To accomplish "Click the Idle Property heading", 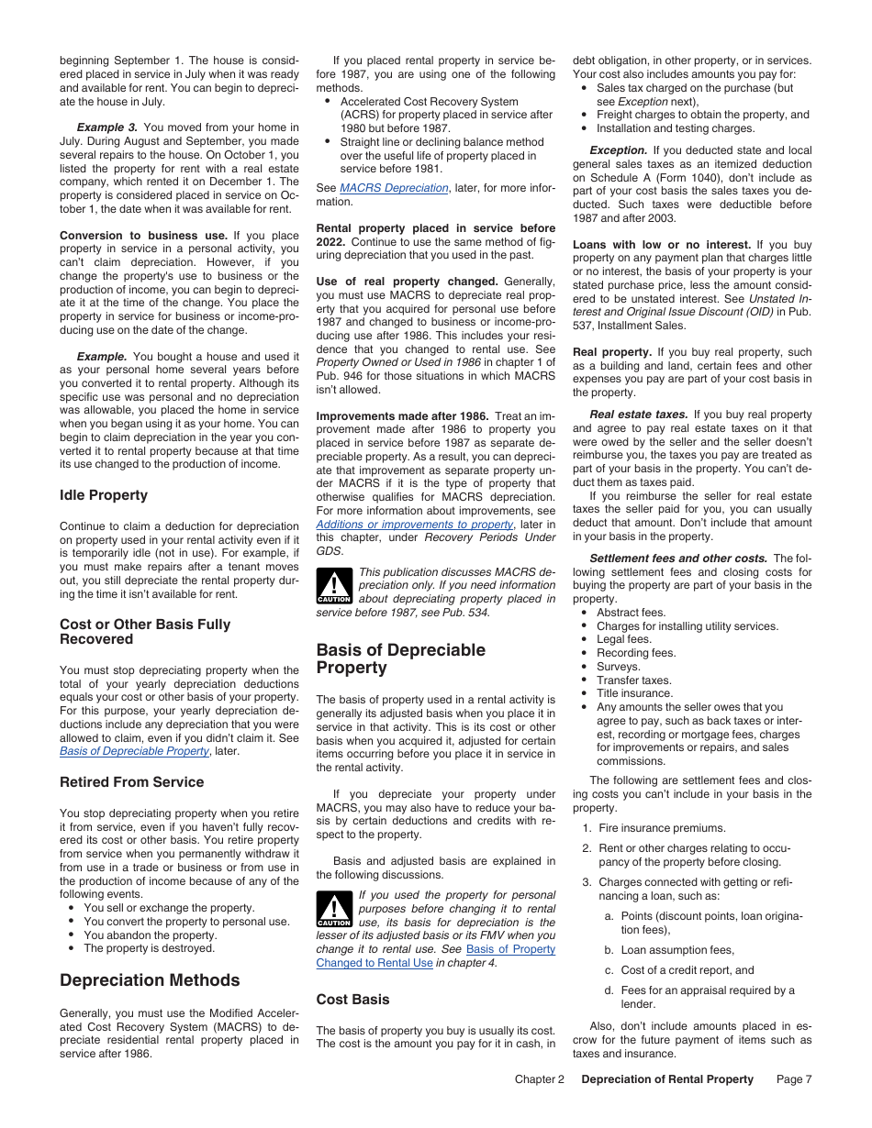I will click(x=103, y=495).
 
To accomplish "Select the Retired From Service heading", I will click(x=131, y=782).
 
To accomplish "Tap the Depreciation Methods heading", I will click(x=149, y=980).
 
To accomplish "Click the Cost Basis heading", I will click(x=352, y=1000).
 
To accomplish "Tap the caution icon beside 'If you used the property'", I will click(x=333, y=909).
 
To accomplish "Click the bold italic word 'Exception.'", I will click(x=618, y=150).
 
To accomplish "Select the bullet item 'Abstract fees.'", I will click(x=631, y=613).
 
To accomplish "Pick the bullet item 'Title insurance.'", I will click(x=634, y=693).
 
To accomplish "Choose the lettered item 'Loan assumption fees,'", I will click(x=677, y=950).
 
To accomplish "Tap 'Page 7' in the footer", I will click(x=794, y=1079).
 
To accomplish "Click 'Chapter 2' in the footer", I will click(x=539, y=1079).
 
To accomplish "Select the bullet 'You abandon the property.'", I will click(x=150, y=934).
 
